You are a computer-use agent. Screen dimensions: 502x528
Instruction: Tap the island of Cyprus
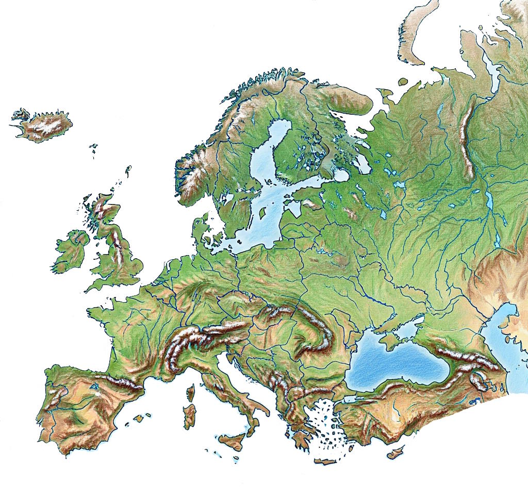[x=396, y=453]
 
